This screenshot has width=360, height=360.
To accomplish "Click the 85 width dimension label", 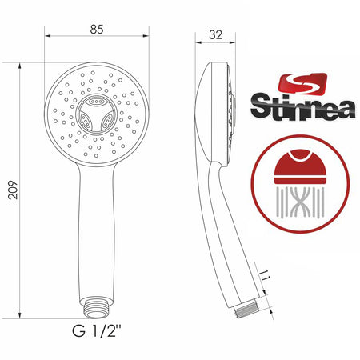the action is (x=97, y=30).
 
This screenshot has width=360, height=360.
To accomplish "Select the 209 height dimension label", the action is (x=13, y=190).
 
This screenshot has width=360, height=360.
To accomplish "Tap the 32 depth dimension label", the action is (x=215, y=35).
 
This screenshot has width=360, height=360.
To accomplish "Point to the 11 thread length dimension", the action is (x=264, y=275).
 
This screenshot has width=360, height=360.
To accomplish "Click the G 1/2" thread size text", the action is (x=97, y=331).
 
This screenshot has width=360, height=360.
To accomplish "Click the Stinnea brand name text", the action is (x=303, y=106).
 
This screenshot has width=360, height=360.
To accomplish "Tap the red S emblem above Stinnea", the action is (x=302, y=83).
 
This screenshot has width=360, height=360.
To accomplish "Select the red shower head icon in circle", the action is (x=300, y=166).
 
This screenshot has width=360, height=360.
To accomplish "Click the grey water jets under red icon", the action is (x=300, y=202).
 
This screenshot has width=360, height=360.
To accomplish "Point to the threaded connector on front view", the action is (x=97, y=308).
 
